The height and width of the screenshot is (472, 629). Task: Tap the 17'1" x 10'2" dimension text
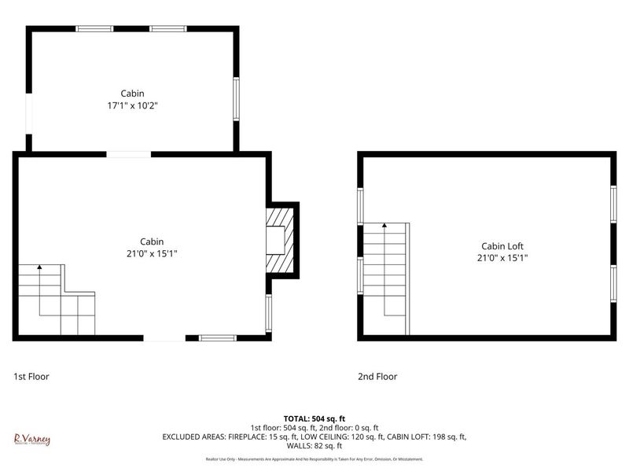point(132,105)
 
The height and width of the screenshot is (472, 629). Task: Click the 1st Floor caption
point(31,377)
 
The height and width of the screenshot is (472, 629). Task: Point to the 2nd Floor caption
point(377,377)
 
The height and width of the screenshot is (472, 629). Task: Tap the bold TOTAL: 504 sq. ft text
point(314,419)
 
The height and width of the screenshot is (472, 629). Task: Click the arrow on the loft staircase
point(384,227)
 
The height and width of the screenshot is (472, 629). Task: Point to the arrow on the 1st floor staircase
point(39,269)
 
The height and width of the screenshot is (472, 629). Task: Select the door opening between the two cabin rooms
point(129,154)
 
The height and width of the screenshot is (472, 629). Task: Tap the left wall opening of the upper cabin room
point(29,115)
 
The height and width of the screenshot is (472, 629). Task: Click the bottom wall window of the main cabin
point(218,337)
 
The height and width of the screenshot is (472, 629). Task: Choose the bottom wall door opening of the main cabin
point(164,337)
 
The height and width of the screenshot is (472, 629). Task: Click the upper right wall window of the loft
point(612,205)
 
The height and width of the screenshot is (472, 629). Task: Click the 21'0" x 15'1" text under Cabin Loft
point(502,257)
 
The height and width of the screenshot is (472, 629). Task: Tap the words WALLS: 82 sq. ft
point(314,445)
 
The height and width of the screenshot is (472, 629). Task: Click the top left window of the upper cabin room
point(94,29)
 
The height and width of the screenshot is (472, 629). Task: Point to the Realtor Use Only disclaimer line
point(314,459)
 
